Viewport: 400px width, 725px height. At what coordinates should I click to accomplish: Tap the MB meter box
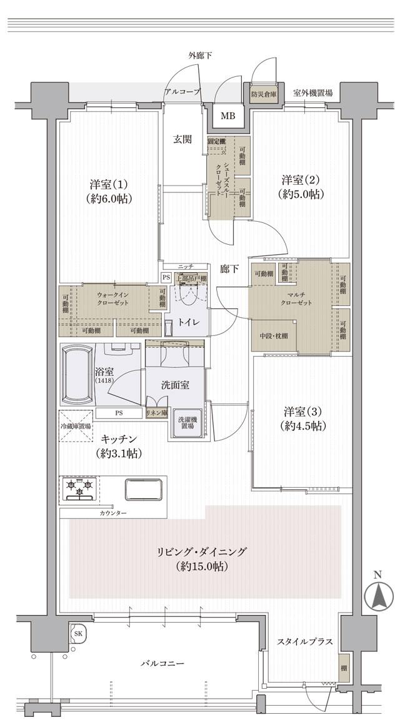coord(227,116)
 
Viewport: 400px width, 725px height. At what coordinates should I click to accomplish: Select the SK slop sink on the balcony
coord(79,633)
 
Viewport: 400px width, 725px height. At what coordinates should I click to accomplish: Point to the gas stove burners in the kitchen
coord(79,488)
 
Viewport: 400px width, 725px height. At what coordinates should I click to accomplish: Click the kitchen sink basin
coord(144,489)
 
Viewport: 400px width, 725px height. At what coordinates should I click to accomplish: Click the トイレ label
coord(189,322)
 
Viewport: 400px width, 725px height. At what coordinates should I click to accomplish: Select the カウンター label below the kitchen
coord(112,513)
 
